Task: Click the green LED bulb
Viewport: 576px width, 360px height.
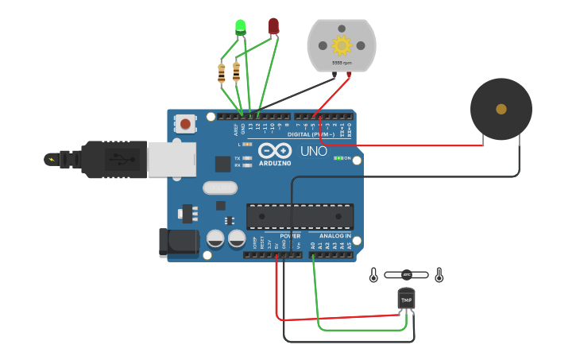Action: tap(241, 26)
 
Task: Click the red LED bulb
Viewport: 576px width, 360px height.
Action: tap(273, 25)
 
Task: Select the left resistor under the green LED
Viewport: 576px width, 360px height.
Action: tap(221, 73)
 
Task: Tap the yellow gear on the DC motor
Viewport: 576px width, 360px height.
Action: tap(342, 45)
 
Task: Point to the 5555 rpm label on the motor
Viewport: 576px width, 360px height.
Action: tap(342, 62)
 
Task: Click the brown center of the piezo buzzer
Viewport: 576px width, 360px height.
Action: tap(501, 109)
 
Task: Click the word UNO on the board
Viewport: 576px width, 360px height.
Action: tap(313, 151)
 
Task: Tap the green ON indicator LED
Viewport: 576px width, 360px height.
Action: tap(338, 158)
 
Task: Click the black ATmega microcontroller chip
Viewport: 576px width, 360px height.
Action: tap(300, 216)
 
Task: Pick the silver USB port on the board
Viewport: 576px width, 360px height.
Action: tap(172, 159)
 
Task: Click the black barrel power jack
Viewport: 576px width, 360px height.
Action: tap(178, 242)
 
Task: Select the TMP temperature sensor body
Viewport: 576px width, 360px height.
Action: tap(406, 299)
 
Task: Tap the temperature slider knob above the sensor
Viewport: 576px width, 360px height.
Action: tap(406, 275)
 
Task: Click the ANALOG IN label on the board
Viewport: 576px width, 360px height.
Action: tap(335, 236)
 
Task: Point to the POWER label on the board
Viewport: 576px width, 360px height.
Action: tap(290, 236)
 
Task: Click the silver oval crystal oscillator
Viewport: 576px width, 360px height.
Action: tap(220, 188)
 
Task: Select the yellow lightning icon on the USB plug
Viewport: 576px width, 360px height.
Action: tap(52, 159)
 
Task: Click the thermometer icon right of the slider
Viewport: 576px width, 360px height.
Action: tap(439, 275)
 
